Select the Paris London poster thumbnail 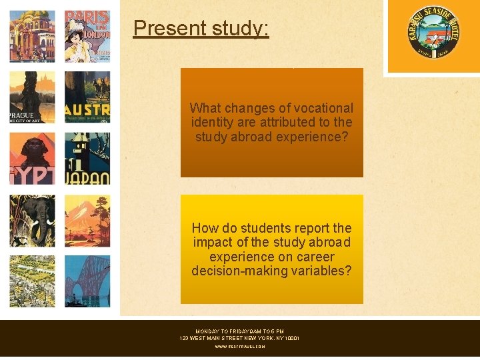(x=87, y=36)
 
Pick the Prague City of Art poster (x=32, y=97)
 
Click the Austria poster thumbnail (x=87, y=97)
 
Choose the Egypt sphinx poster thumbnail (x=32, y=159)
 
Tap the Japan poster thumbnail (x=87, y=159)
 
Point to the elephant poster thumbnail (x=32, y=221)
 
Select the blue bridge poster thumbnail (x=87, y=281)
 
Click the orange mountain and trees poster (x=87, y=221)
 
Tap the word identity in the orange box (x=213, y=123)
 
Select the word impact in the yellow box (x=211, y=242)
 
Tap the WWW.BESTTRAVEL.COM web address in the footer (x=240, y=347)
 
